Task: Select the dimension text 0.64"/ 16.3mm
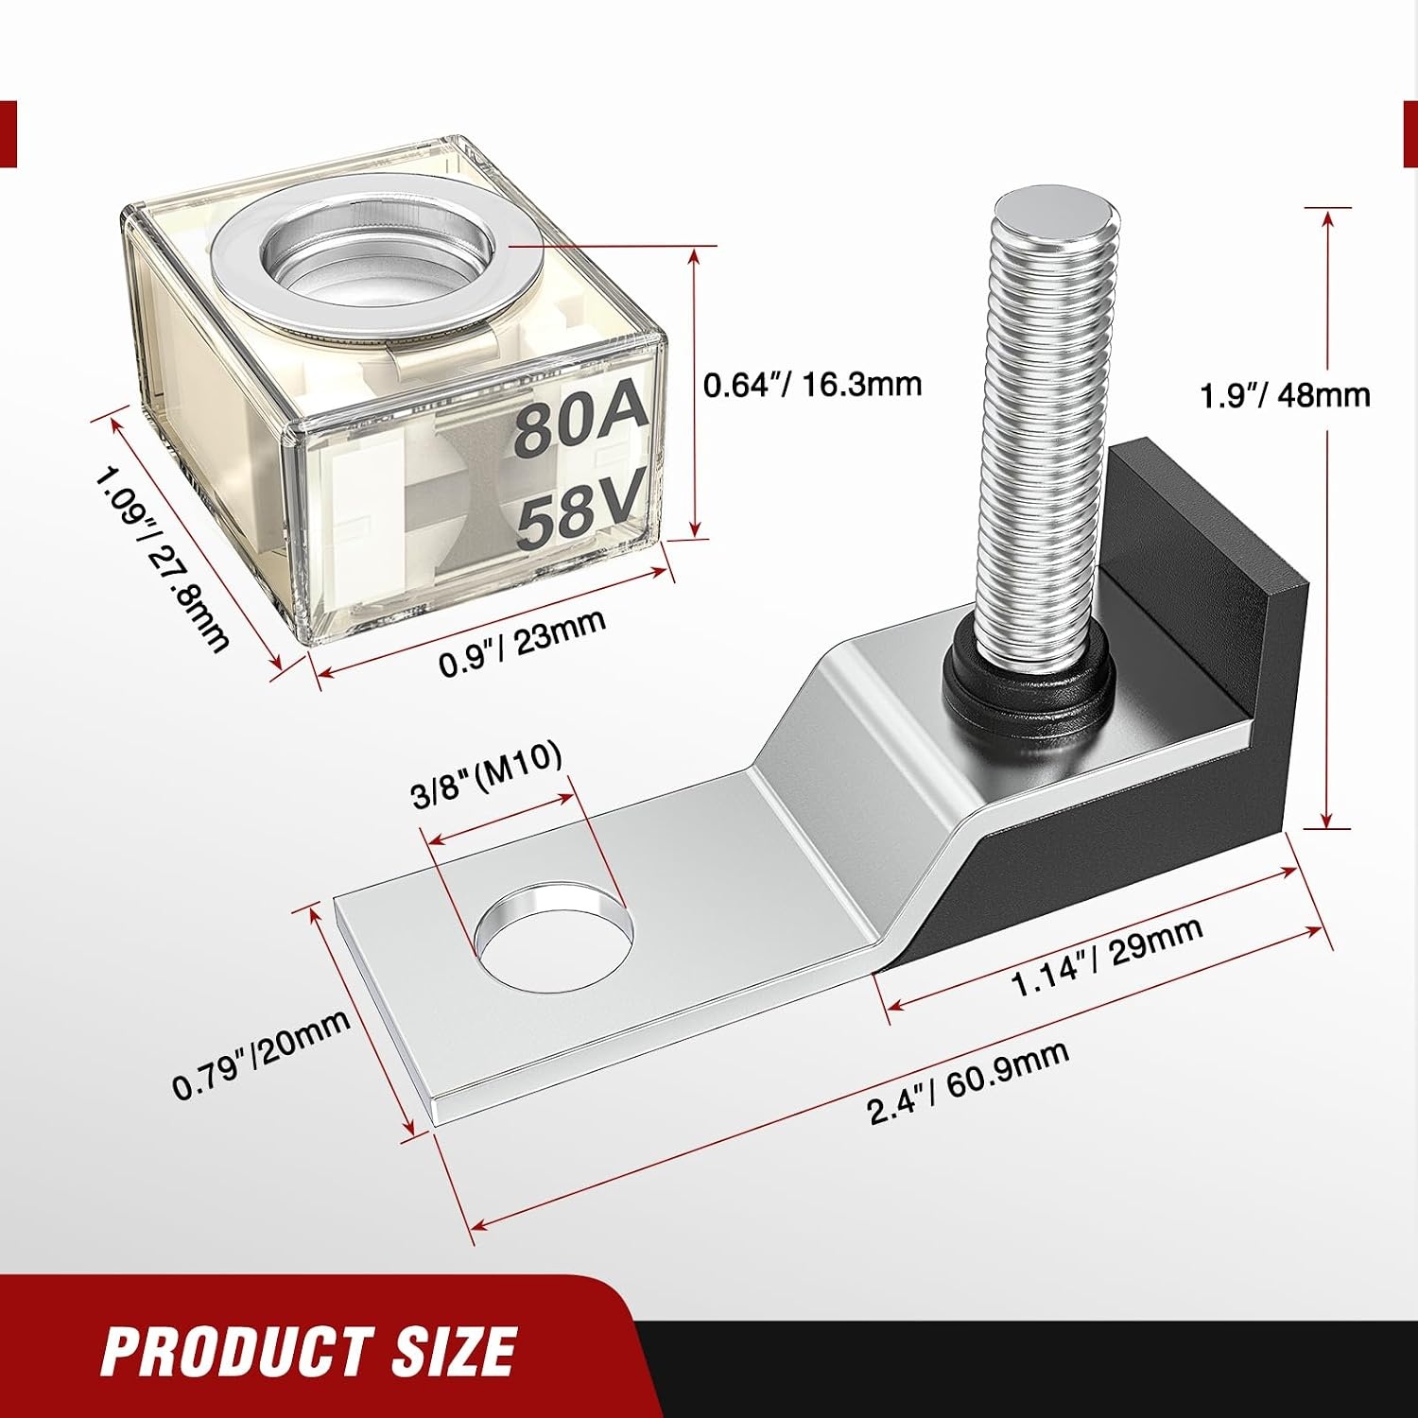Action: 812,384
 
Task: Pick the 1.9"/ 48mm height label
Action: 1285,393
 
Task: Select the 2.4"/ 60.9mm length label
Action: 969,1083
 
